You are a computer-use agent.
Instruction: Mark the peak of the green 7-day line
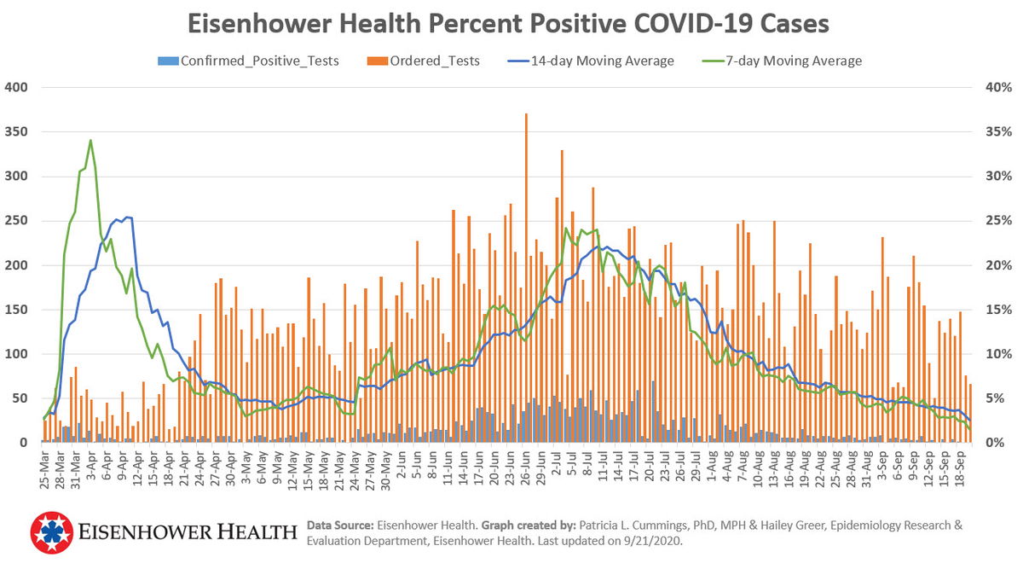pyautogui.click(x=90, y=141)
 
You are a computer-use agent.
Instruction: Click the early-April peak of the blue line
pyautogui.click(x=127, y=218)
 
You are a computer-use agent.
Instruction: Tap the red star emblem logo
pyautogui.click(x=53, y=533)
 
